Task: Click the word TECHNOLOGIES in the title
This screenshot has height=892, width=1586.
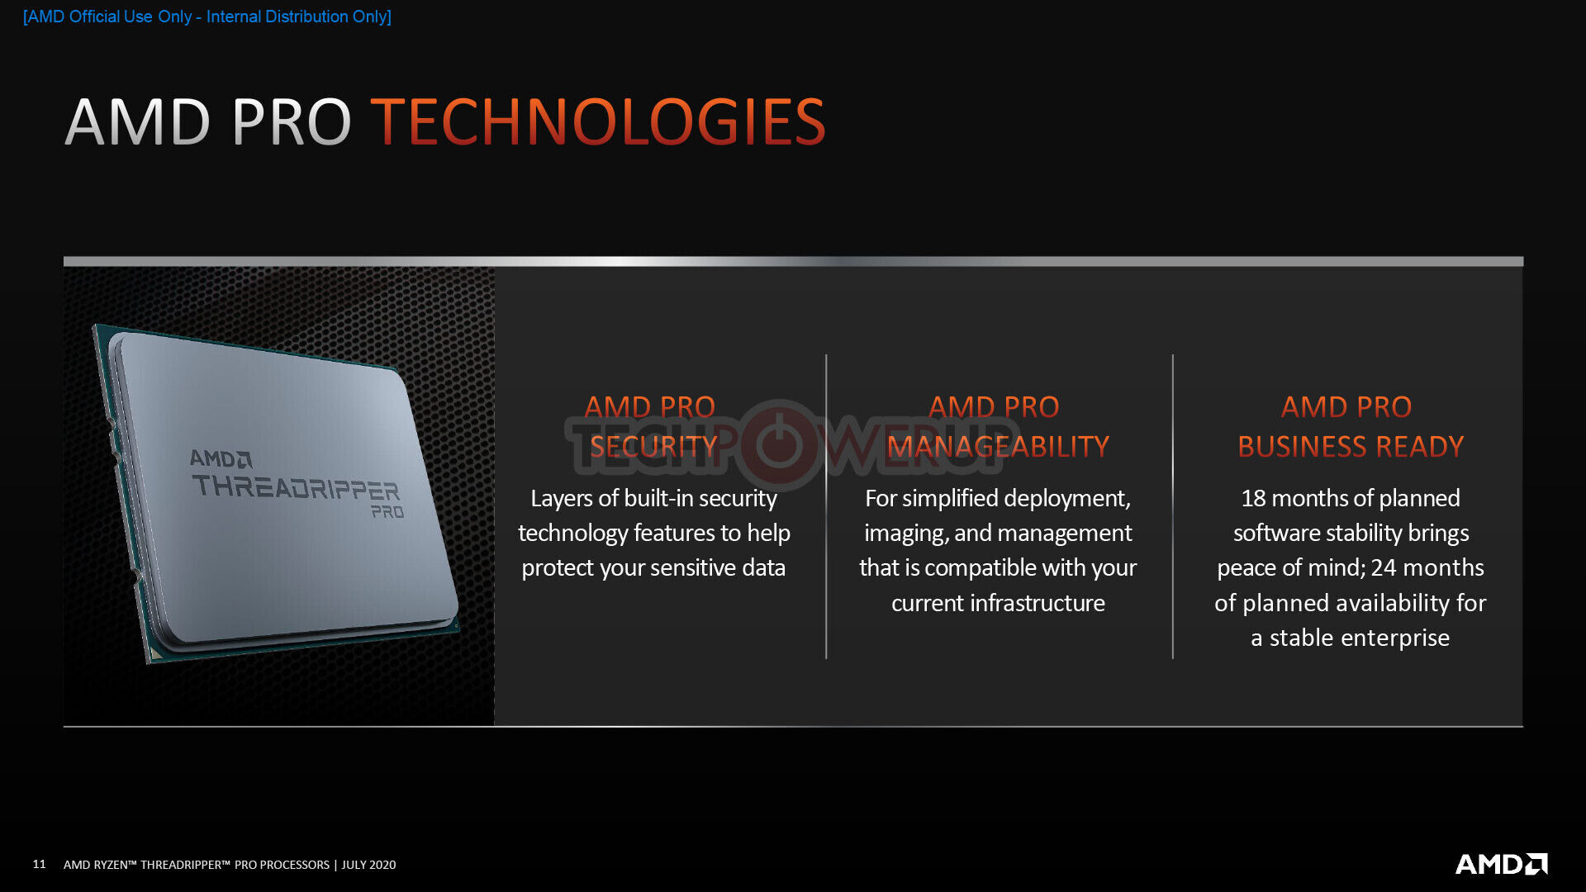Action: [x=598, y=122]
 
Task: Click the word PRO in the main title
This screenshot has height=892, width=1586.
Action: [x=292, y=122]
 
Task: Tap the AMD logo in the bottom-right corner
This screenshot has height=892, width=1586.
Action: [x=1501, y=864]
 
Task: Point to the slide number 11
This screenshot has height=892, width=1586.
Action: [x=39, y=864]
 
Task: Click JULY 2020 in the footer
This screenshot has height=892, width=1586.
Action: [x=368, y=865]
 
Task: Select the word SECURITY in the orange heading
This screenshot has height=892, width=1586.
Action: [x=653, y=447]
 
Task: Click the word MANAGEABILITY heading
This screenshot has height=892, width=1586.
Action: [x=998, y=447]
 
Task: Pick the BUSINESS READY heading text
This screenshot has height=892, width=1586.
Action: [x=1351, y=447]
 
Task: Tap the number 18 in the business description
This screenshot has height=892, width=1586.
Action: [x=1253, y=498]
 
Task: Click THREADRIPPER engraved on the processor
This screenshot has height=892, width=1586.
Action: [x=296, y=487]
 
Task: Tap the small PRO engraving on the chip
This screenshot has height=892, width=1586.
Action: [x=387, y=512]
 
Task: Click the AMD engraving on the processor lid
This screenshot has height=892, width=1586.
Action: [x=221, y=458]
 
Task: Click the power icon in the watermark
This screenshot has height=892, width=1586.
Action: [x=779, y=445]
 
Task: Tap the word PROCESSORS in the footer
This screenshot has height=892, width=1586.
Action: [x=295, y=865]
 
